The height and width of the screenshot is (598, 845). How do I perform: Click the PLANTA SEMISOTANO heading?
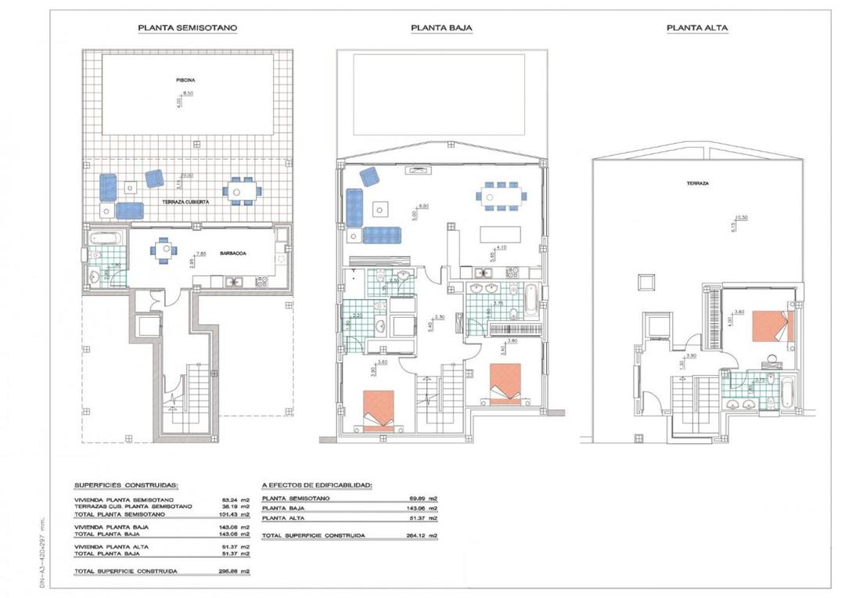(x=188, y=27)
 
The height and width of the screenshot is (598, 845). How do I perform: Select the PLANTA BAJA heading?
(x=441, y=27)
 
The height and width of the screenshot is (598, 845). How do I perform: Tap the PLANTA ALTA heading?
(x=697, y=27)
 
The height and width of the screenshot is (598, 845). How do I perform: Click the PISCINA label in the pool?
(x=185, y=80)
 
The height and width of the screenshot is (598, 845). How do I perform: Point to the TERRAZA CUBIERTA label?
(x=185, y=202)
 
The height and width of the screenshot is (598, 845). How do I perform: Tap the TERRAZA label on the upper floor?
(x=699, y=183)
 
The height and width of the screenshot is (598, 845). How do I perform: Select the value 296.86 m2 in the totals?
(x=234, y=571)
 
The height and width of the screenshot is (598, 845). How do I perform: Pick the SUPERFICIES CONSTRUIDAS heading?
(x=126, y=485)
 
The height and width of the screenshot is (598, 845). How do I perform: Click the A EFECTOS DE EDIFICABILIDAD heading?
(x=317, y=485)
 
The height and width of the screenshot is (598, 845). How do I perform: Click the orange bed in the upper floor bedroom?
(x=772, y=326)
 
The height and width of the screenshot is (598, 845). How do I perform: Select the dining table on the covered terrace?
(x=242, y=190)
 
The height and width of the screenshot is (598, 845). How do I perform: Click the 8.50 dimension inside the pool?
(x=189, y=92)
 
